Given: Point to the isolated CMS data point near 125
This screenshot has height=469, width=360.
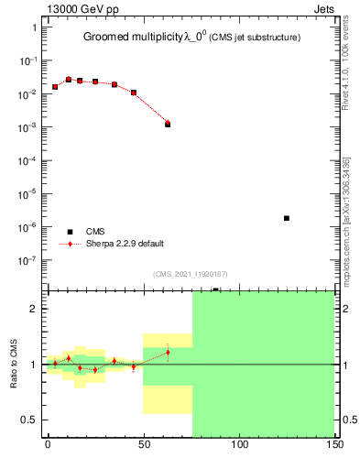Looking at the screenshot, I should point(287,218).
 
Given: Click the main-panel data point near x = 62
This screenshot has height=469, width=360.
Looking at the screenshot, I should point(168,124).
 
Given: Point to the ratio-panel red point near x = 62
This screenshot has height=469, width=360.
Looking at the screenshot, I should point(168,352).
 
